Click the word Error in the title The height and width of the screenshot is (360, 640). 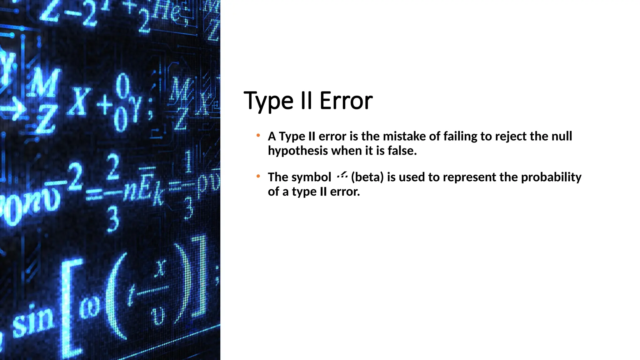[x=346, y=101]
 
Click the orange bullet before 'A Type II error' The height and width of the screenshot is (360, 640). [x=258, y=136]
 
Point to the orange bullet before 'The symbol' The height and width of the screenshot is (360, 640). [x=258, y=177]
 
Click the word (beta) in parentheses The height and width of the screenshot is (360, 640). [x=367, y=177]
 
